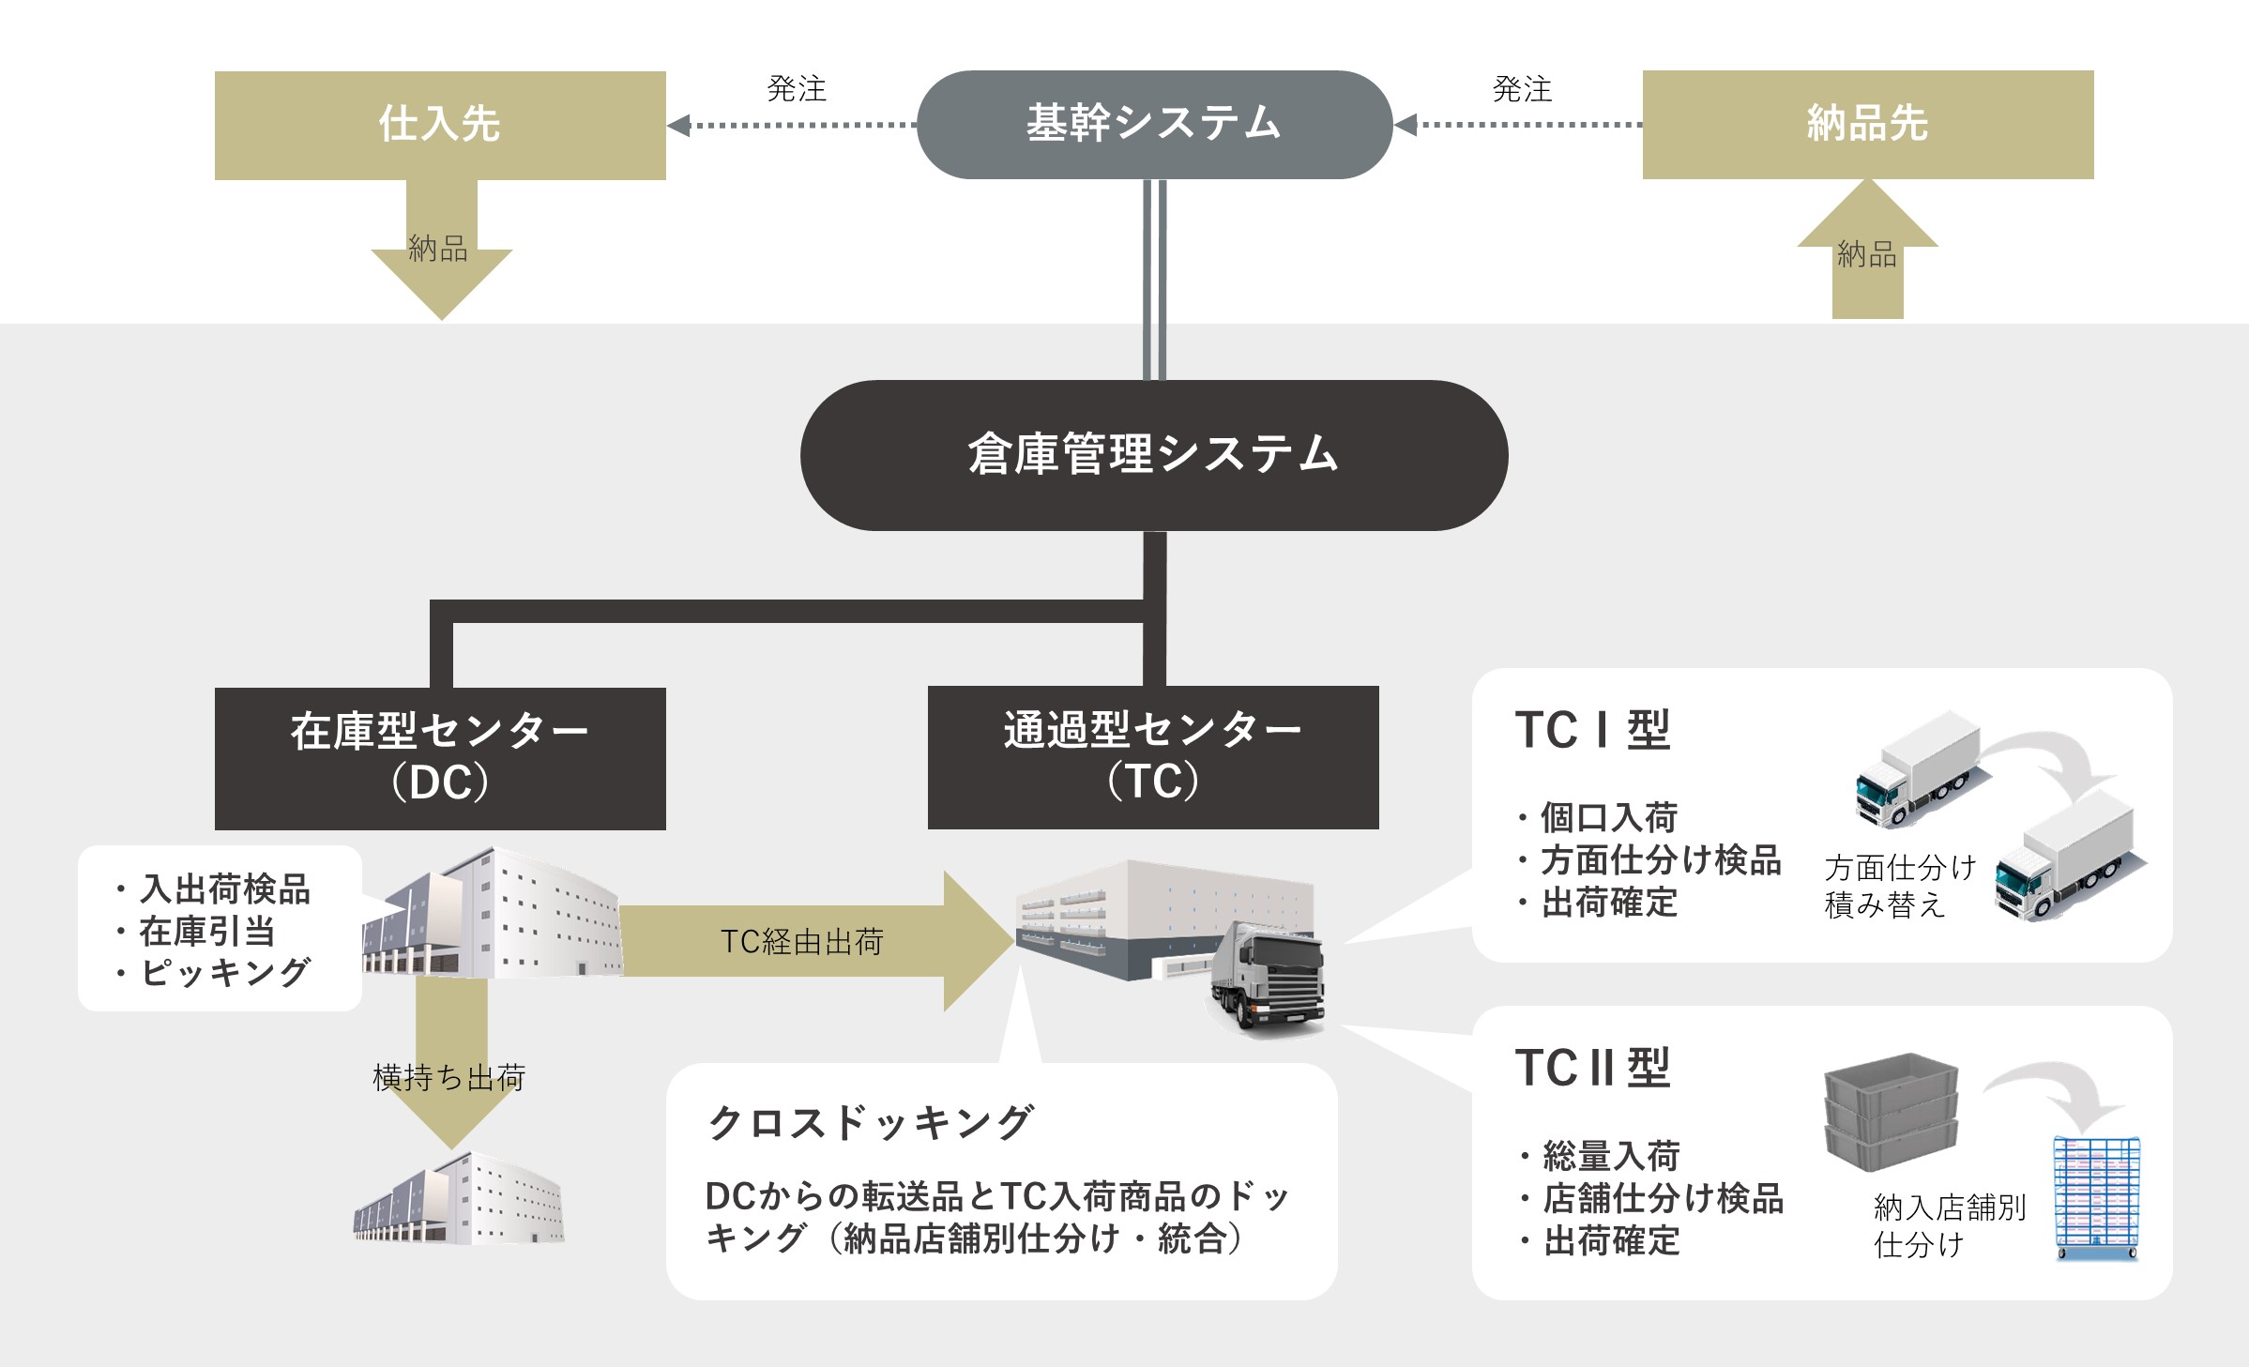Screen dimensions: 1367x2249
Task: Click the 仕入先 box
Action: click(x=439, y=125)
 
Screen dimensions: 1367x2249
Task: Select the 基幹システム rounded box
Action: click(x=1153, y=124)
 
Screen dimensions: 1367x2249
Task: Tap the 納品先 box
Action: click(x=1867, y=124)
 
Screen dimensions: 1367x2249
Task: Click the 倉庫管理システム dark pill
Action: click(x=1153, y=455)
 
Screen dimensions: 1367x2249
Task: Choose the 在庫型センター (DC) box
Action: click(x=439, y=758)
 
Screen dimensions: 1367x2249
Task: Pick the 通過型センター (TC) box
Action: click(x=1152, y=757)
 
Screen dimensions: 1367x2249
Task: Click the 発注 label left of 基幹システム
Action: click(x=797, y=89)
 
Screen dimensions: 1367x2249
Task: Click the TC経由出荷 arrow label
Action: click(x=802, y=941)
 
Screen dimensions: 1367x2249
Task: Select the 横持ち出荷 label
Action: click(x=449, y=1077)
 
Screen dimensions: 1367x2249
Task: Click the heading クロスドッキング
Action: click(x=871, y=1122)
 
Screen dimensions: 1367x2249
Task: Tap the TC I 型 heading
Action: click(x=1592, y=730)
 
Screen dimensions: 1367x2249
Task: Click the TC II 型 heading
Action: click(x=1592, y=1068)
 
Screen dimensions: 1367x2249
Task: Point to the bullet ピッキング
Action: click(x=225, y=972)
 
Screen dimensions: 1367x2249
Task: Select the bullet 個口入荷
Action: click(x=1608, y=817)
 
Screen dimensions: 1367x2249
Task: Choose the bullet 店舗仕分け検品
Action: click(x=1663, y=1198)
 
